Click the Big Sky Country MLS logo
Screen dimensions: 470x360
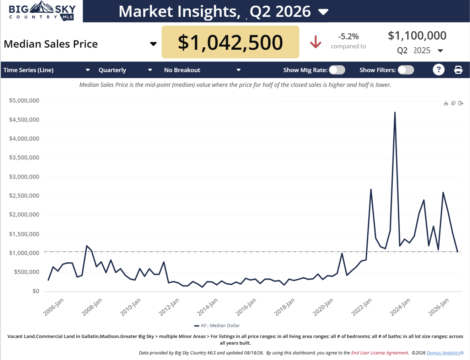click(42, 11)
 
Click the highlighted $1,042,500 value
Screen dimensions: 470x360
click(230, 42)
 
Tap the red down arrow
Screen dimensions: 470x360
click(315, 42)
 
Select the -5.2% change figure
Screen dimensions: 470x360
click(349, 36)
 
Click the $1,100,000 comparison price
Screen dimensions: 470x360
click(417, 36)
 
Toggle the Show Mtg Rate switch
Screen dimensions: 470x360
click(337, 70)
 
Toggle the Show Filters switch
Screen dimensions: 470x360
click(406, 70)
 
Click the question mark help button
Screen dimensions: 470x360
click(438, 70)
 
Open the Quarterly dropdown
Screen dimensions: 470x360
click(125, 70)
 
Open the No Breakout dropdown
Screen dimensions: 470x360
click(202, 70)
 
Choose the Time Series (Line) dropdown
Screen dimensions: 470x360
click(47, 70)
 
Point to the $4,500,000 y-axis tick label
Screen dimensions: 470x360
click(24, 120)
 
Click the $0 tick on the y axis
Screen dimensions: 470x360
click(36, 291)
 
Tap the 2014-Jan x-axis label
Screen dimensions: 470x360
click(207, 307)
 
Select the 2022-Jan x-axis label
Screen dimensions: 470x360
click(361, 307)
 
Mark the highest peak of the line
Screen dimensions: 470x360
click(395, 112)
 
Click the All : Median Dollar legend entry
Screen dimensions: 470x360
click(217, 326)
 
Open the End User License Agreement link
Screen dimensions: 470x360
click(380, 353)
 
